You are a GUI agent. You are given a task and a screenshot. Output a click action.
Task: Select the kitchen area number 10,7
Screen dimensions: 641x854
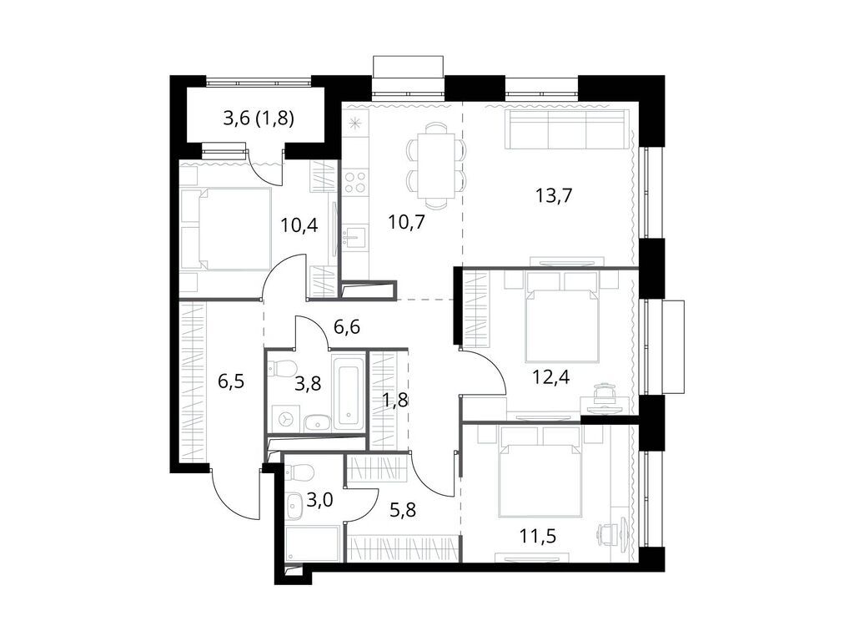(x=407, y=222)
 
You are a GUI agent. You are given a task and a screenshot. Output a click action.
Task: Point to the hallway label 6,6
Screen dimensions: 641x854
(x=347, y=327)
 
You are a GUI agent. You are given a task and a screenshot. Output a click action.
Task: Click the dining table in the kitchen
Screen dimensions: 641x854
(x=436, y=165)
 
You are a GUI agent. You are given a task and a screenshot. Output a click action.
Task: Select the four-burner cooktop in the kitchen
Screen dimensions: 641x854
(x=355, y=181)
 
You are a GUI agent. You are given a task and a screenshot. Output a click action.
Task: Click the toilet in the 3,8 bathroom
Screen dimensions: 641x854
(x=283, y=368)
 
